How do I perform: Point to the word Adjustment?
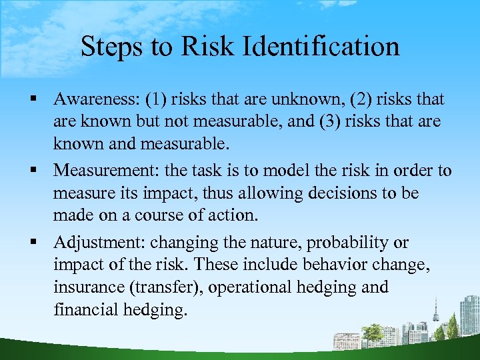99,242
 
